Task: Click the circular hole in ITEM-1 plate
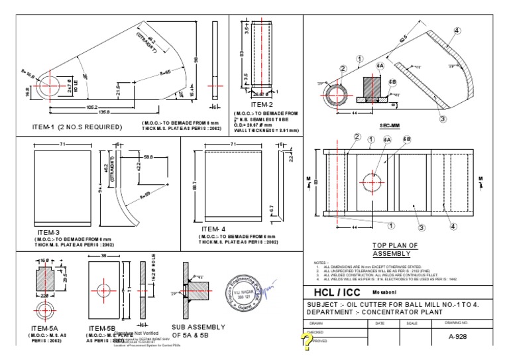(x=48, y=87)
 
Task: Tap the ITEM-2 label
(x=261, y=104)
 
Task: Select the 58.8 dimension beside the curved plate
(x=149, y=156)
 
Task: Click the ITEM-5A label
(x=45, y=328)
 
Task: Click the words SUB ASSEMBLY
(x=198, y=327)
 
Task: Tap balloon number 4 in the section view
(x=457, y=30)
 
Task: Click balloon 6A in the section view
(x=380, y=67)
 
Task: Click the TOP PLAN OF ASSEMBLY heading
(x=395, y=249)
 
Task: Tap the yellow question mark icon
(x=306, y=341)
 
